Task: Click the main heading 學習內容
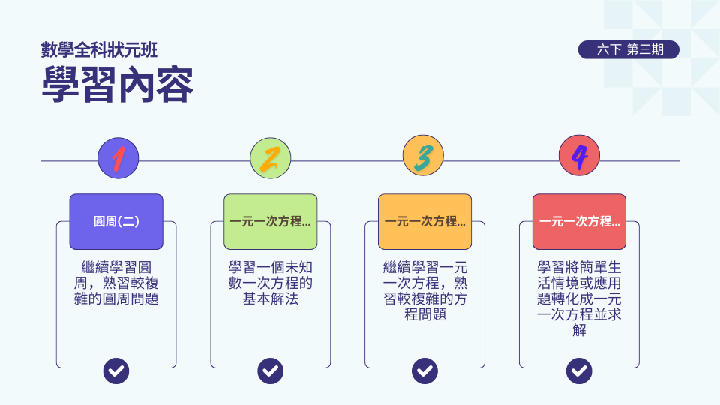[x=118, y=85]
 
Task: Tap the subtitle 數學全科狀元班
[x=99, y=50]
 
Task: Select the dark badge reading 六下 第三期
[x=628, y=50]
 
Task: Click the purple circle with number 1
[x=118, y=157]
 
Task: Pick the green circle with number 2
[x=270, y=157]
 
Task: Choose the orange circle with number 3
[x=423, y=157]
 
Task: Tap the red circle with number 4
[x=579, y=157]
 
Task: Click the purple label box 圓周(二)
[x=116, y=222]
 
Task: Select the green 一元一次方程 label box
[x=270, y=222]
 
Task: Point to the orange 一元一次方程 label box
[x=424, y=222]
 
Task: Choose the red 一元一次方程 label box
[x=579, y=222]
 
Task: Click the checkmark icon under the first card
[x=116, y=370]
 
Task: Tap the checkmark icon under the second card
[x=270, y=370]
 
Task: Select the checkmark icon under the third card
[x=424, y=370]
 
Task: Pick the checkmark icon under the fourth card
[x=579, y=370]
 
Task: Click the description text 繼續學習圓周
[x=116, y=282]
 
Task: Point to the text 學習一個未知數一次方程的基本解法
[x=270, y=282]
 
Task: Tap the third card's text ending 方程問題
[x=424, y=290]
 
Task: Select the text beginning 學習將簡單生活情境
[x=579, y=298]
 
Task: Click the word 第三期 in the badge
[x=645, y=50]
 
